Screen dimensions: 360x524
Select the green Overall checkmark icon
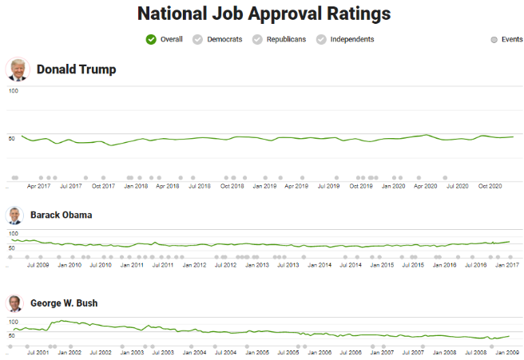pos(151,39)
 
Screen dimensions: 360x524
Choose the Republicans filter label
pos(287,39)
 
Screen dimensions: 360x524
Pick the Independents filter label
pos(351,39)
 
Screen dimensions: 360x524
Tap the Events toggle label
pos(511,39)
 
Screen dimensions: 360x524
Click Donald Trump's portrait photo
pos(17,69)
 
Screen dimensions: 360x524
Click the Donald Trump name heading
pos(76,69)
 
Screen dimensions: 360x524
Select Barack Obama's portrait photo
pos(14,215)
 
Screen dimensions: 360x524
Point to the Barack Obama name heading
pos(61,215)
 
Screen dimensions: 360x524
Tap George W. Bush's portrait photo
pos(14,303)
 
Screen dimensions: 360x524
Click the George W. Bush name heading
pos(64,303)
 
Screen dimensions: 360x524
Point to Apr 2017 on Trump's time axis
pos(38,186)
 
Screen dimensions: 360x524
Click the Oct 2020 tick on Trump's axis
pos(489,186)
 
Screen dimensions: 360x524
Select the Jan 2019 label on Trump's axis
pos(264,186)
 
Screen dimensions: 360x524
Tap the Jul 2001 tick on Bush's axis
pos(38,352)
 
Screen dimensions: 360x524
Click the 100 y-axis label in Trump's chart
pos(12,91)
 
